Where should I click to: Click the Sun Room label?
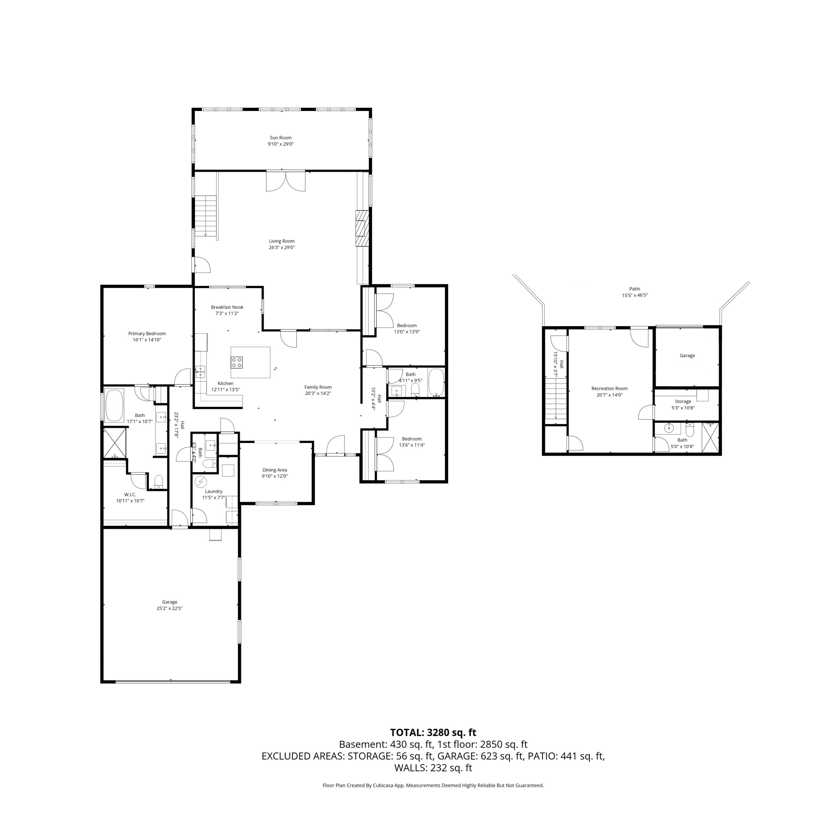click(x=280, y=138)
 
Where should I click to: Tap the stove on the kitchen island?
click(x=237, y=362)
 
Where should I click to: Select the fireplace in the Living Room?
click(x=362, y=228)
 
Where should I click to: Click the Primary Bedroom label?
click(x=147, y=333)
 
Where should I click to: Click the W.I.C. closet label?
click(x=130, y=495)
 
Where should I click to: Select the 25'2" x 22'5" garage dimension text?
click(x=170, y=609)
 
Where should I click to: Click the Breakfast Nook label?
click(x=227, y=307)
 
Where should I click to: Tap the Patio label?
click(x=635, y=289)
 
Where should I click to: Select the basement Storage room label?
click(x=683, y=402)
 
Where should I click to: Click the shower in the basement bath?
click(x=711, y=438)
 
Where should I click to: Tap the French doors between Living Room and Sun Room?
click(x=286, y=181)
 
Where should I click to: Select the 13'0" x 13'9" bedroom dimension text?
click(x=407, y=332)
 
